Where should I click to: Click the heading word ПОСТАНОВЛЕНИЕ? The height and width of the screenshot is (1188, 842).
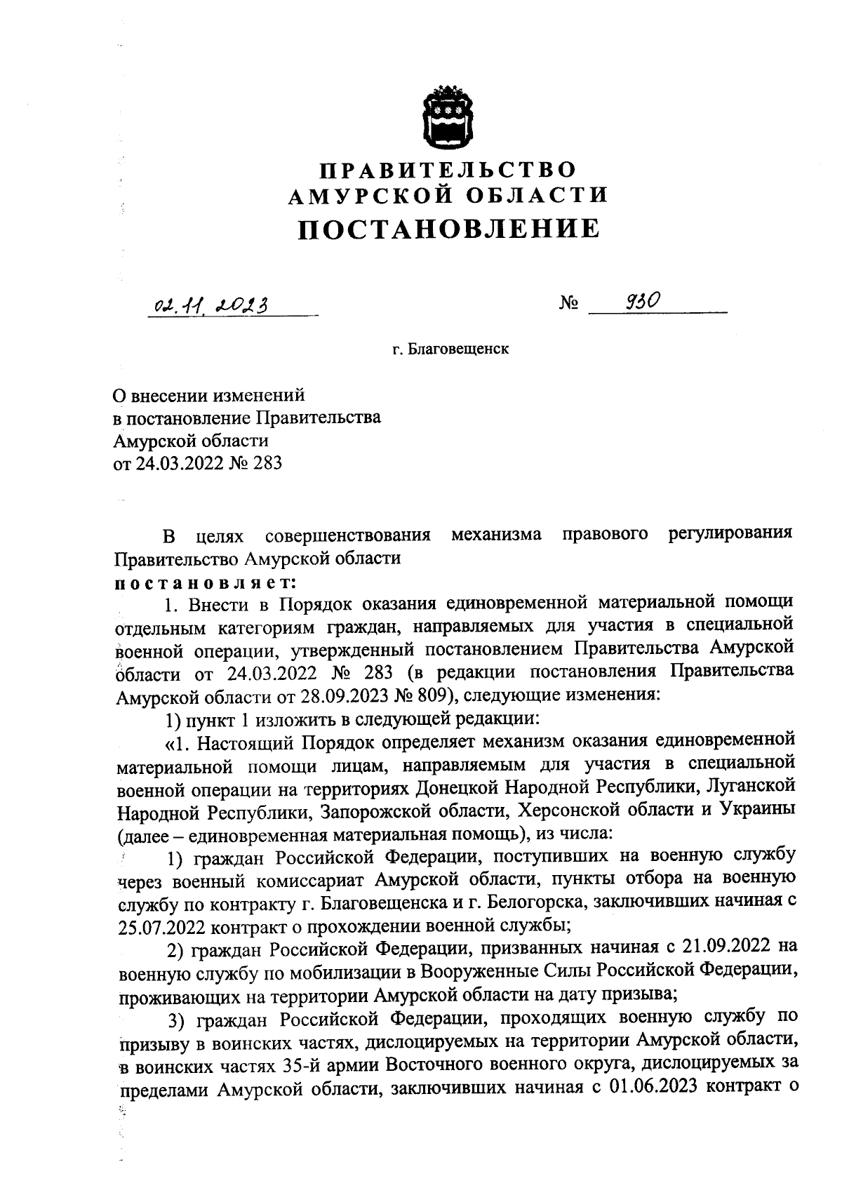coord(449,229)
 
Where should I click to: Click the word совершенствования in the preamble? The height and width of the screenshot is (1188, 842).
coord(347,536)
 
